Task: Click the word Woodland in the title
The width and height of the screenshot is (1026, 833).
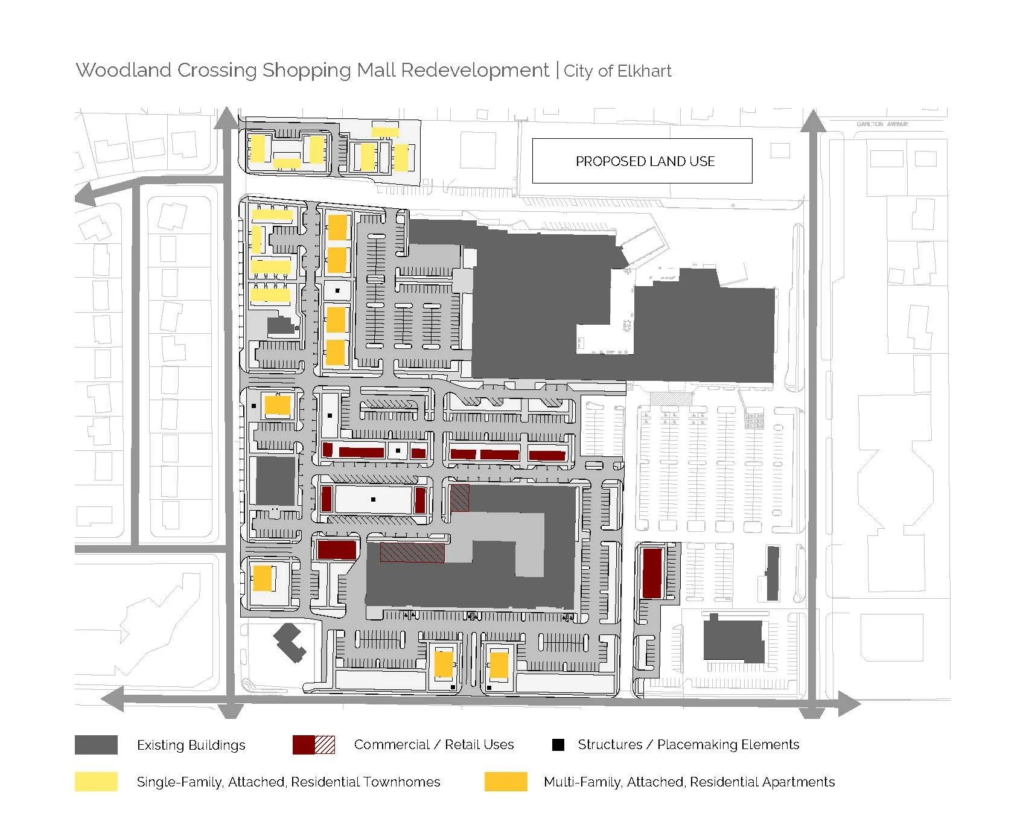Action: coord(124,70)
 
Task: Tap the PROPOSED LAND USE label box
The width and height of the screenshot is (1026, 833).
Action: coord(642,161)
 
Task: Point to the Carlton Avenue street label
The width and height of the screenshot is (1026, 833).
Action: coord(882,124)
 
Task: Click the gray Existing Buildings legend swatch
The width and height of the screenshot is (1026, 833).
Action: coord(96,745)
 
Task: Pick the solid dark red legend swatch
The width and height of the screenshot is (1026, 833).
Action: coord(303,745)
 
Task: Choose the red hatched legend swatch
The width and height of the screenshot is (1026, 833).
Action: coord(325,745)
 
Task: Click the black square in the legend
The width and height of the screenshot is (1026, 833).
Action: coord(558,745)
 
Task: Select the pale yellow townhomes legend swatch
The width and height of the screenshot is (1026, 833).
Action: coord(96,782)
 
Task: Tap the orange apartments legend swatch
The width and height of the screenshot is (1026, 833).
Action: coord(506,782)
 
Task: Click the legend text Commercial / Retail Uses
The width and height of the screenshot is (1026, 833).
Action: coord(433,745)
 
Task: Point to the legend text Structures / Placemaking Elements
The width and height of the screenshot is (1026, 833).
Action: coord(688,745)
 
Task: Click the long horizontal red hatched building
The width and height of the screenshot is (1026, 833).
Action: coord(412,552)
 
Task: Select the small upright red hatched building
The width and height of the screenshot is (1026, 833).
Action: coord(460,498)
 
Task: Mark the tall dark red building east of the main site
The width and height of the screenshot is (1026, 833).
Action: coord(652,573)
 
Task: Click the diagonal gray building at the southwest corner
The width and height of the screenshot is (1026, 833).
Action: coord(290,643)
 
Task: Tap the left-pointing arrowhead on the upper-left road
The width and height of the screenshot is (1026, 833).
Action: coord(84,196)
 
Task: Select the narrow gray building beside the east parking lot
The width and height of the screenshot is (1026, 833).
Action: coord(773,573)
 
